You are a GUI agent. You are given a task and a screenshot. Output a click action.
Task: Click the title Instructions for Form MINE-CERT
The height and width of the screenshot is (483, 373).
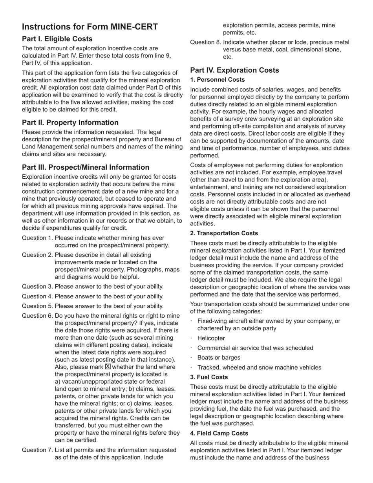pos(90,27)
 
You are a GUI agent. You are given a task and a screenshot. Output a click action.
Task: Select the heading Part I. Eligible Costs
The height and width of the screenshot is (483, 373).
pos(57,39)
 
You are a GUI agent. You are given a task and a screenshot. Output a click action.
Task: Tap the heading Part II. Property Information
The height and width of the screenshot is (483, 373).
pos(70,123)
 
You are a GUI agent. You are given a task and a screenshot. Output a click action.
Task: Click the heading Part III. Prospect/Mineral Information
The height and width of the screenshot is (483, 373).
pos(86,167)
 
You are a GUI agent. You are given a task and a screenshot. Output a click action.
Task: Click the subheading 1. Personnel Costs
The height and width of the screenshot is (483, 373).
pos(218,80)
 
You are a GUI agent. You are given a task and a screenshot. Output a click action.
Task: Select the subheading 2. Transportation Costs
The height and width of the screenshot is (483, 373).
pos(224,233)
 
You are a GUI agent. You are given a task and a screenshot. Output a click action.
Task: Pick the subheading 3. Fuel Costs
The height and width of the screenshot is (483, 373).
pos(209,377)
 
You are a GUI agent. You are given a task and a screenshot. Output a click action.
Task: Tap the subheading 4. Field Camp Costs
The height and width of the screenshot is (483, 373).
pos(219,433)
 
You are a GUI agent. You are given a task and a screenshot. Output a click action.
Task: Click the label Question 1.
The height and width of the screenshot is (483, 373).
pos(37,238)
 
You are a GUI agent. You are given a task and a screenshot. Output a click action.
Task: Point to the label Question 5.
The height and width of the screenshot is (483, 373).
pos(37,306)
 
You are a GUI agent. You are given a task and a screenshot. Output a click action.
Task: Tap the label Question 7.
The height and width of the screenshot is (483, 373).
pos(37,450)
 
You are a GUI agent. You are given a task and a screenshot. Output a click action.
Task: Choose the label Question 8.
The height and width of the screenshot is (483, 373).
pos(206,42)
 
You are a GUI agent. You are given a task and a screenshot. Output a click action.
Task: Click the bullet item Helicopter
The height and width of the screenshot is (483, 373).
pos(211,338)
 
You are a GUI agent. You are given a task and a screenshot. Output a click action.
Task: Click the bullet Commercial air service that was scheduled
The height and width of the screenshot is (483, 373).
pos(255,348)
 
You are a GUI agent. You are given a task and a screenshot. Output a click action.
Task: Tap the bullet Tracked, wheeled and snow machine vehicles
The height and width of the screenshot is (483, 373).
pos(259,368)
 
